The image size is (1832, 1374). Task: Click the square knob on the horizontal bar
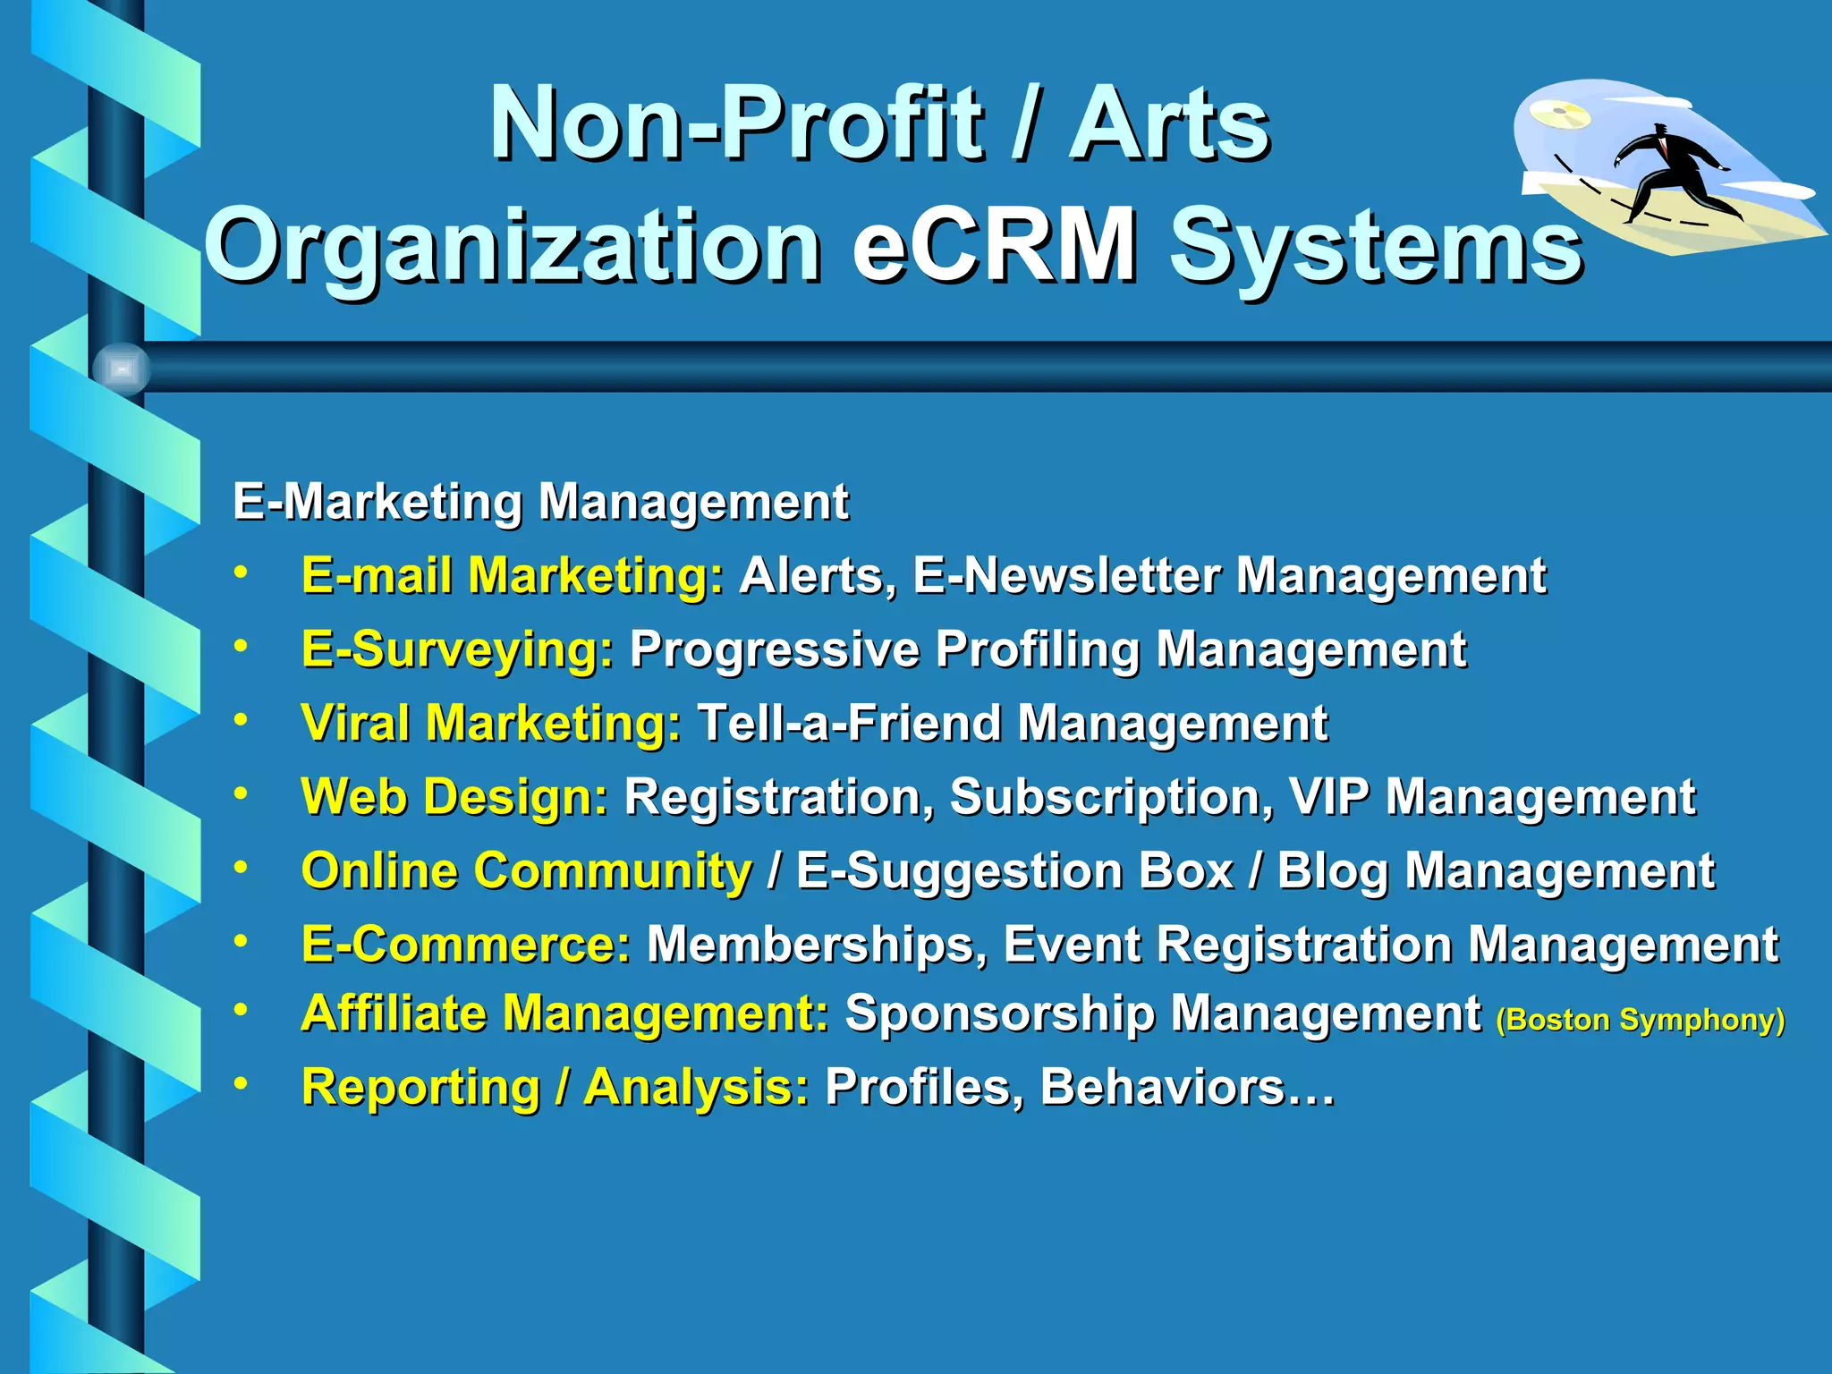122,368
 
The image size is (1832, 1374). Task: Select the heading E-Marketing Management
540,501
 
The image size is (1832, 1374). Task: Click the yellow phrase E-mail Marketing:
513,575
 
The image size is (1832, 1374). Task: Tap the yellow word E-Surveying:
457,649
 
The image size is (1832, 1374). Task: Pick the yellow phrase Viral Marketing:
491,723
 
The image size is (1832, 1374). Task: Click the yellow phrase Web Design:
454,797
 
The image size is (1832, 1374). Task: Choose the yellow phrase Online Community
527,870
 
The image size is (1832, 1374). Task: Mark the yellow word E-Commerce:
466,945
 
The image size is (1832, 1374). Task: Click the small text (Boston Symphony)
1640,1020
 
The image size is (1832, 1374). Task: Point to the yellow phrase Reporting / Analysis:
555,1088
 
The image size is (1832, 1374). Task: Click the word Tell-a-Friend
849,723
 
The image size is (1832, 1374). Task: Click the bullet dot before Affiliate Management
240,1009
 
